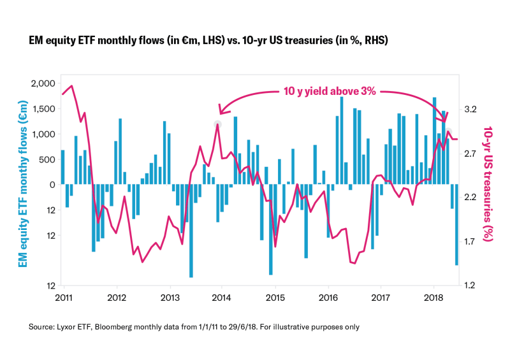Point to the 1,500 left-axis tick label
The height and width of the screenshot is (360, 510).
click(41, 109)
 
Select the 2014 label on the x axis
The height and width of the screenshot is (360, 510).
click(222, 298)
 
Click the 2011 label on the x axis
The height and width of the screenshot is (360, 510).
click(63, 298)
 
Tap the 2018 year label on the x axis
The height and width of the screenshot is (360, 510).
click(433, 298)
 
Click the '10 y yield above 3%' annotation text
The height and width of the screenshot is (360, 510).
click(330, 91)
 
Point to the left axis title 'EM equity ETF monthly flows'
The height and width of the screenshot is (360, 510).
click(23, 185)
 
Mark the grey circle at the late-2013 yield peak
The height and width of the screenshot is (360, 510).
click(217, 124)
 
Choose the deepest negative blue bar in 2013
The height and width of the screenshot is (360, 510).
click(191, 231)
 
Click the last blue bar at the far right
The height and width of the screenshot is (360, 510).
click(456, 224)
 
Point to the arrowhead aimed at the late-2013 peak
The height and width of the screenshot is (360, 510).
click(221, 110)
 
